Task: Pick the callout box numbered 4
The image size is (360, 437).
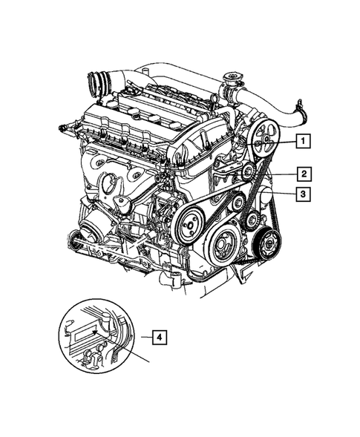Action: [x=158, y=336]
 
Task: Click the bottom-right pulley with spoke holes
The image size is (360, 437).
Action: [x=266, y=242]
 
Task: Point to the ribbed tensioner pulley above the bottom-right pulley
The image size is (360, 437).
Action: [x=254, y=219]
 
